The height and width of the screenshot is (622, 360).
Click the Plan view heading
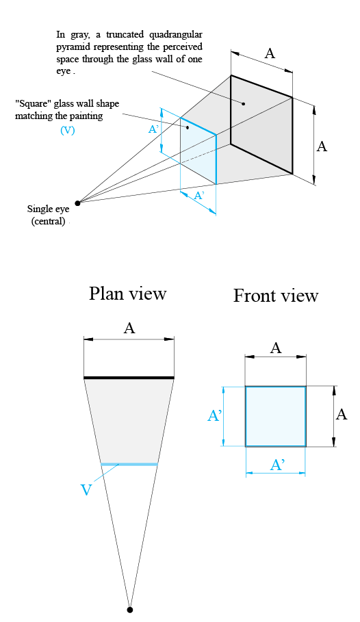pos(127,294)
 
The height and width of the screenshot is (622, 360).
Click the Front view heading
pos(275,296)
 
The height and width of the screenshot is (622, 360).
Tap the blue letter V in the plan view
pos(86,490)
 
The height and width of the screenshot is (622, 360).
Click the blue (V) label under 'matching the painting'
pos(67,131)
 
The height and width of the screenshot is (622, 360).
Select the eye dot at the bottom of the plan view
pos(130,609)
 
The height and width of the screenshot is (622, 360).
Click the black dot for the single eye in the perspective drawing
pos(78,203)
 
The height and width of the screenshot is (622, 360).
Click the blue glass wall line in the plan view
pos(129,465)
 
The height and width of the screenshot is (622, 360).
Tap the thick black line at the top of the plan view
pos(129,377)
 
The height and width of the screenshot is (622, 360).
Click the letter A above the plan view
pos(129,328)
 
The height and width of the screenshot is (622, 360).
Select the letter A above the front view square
pos(276,348)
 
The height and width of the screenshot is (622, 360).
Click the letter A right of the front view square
pos(342,415)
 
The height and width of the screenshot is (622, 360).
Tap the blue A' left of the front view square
pos(214,416)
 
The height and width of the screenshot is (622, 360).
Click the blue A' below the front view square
pos(277,465)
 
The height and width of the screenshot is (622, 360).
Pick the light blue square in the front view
pos(275,416)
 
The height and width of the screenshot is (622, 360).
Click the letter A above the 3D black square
pos(270,53)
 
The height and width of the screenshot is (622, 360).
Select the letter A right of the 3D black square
pos(322,146)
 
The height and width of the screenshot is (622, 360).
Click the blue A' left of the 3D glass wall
pos(154,129)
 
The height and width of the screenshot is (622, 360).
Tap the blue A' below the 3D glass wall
pos(199,196)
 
